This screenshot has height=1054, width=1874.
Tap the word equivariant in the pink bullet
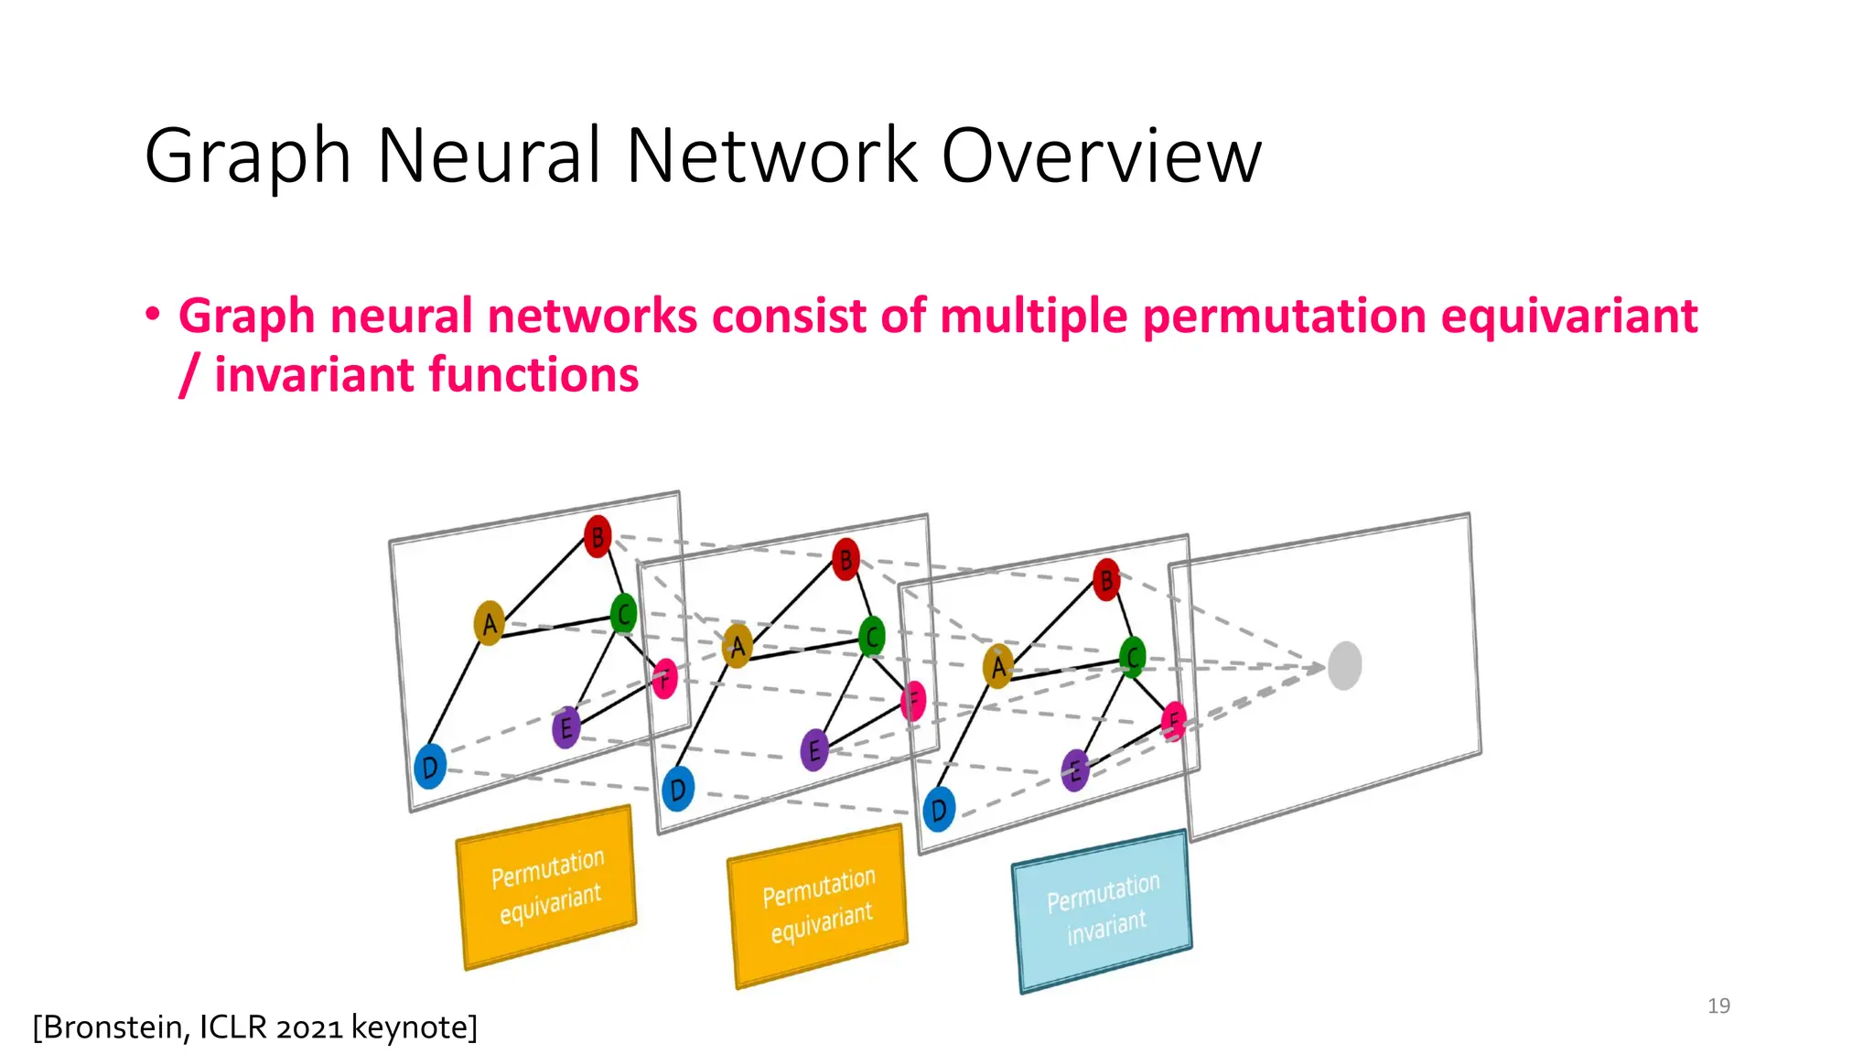tap(1568, 317)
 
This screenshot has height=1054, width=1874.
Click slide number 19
tap(1718, 1006)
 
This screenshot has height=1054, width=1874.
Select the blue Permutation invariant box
tap(1103, 909)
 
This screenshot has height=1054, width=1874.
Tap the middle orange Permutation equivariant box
tap(818, 905)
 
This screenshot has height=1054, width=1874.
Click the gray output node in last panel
tap(1344, 665)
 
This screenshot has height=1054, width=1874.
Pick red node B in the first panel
tap(598, 536)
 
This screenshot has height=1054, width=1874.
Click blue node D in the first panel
tap(430, 767)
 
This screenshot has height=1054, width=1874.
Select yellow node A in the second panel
tap(738, 646)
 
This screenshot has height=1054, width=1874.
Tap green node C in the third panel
tap(1133, 657)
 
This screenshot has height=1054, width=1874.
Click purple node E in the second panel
tap(813, 751)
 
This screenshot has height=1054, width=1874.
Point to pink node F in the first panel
tap(665, 679)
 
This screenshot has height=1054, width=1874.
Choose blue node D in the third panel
tap(939, 810)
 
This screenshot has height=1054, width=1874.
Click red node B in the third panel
tap(1106, 580)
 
